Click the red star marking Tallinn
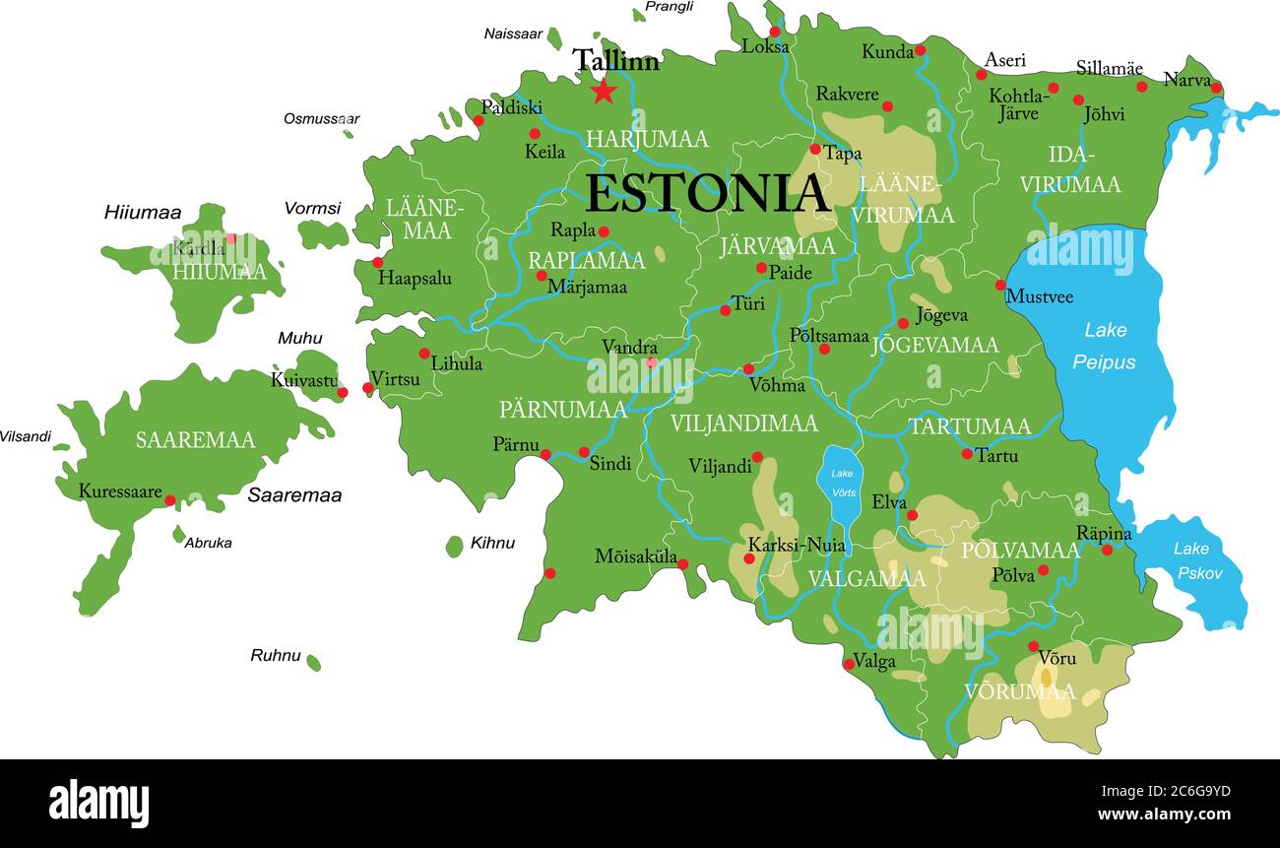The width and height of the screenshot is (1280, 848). click(603, 92)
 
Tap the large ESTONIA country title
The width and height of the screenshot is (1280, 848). click(706, 194)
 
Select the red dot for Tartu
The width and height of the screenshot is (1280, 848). click(967, 454)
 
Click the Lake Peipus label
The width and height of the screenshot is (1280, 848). click(1104, 346)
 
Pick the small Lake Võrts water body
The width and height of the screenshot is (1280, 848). click(840, 485)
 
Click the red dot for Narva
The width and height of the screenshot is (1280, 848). click(1216, 88)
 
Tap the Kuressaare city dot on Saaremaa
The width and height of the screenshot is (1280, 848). click(169, 500)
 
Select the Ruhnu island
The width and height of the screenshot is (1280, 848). click(313, 663)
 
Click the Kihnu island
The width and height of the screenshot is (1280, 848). click(454, 546)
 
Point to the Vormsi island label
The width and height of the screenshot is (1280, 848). click(312, 208)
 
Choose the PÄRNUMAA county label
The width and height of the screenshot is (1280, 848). click(562, 410)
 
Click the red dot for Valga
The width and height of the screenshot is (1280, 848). click(849, 664)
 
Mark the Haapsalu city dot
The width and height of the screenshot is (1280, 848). click(377, 263)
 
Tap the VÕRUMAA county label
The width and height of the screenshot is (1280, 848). click(1019, 691)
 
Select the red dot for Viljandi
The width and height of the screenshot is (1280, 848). click(757, 457)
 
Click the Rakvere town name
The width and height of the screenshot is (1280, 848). click(846, 94)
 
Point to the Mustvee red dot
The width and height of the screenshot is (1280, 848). click(1000, 285)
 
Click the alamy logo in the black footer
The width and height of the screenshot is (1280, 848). click(98, 804)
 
